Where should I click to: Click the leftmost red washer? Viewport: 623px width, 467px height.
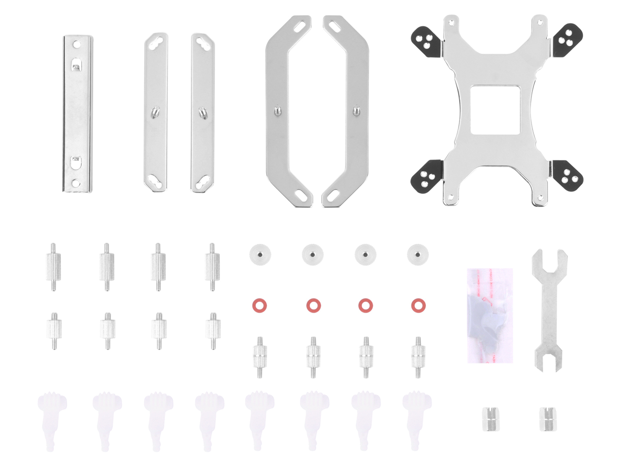(259, 306)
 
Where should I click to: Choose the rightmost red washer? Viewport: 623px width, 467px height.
(418, 306)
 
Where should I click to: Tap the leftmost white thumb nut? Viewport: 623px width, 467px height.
(260, 254)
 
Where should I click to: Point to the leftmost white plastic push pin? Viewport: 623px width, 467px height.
(52, 418)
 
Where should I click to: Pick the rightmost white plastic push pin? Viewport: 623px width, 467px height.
(417, 418)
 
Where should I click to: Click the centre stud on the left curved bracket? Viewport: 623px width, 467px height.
(277, 111)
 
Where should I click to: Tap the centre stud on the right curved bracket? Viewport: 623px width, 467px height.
(356, 110)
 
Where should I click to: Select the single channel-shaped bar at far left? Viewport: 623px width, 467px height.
(77, 113)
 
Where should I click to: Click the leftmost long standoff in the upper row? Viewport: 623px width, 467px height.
(54, 267)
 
